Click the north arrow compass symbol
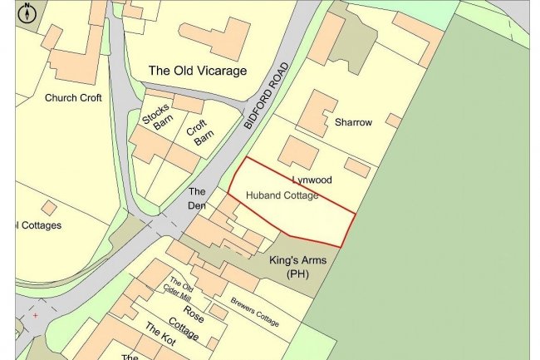(x=27, y=12)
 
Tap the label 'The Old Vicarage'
(x=197, y=71)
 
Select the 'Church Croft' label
(x=73, y=97)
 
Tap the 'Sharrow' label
(x=353, y=122)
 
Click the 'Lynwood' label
(x=312, y=180)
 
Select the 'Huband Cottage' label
(x=282, y=195)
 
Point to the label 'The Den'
(x=197, y=197)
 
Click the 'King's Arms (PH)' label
(x=297, y=267)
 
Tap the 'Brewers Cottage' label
(x=256, y=311)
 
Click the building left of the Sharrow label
(x=316, y=112)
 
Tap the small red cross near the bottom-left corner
(x=35, y=315)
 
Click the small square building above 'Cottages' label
(x=49, y=207)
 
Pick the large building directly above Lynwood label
(x=297, y=152)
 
